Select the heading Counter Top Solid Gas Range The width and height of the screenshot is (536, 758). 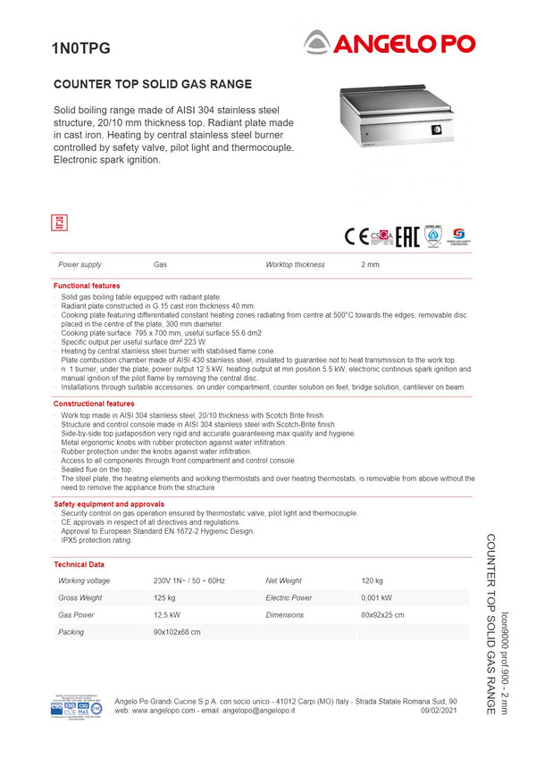coord(153,85)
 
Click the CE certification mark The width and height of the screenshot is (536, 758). coord(356,236)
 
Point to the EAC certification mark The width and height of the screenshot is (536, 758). coord(407,236)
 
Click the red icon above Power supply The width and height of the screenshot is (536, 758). coord(60,223)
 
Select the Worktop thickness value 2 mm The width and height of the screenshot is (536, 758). coord(370,265)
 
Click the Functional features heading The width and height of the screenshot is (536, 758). coord(87,286)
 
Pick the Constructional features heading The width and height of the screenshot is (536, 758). coord(94,404)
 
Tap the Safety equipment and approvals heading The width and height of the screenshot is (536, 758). coord(109,504)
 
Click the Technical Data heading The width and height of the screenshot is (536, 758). coord(79,564)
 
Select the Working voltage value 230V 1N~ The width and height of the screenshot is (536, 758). coord(189,581)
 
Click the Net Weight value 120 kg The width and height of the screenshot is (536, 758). coord(372,581)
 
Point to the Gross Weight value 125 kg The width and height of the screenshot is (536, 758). coord(164,598)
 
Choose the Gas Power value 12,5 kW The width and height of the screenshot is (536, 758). coord(167,615)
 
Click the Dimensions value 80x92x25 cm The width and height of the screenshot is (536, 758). coord(382,615)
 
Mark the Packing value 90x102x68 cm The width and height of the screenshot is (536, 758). coord(177,632)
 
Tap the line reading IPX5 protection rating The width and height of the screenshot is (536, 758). coord(96,540)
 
